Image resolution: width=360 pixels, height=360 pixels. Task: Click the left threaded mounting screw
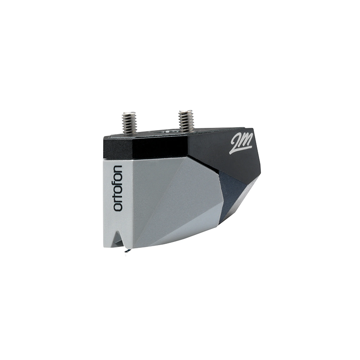tap(130, 123)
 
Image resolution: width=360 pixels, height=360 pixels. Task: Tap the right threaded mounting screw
tap(186, 121)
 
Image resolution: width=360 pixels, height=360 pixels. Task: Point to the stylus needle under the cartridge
tap(126, 250)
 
